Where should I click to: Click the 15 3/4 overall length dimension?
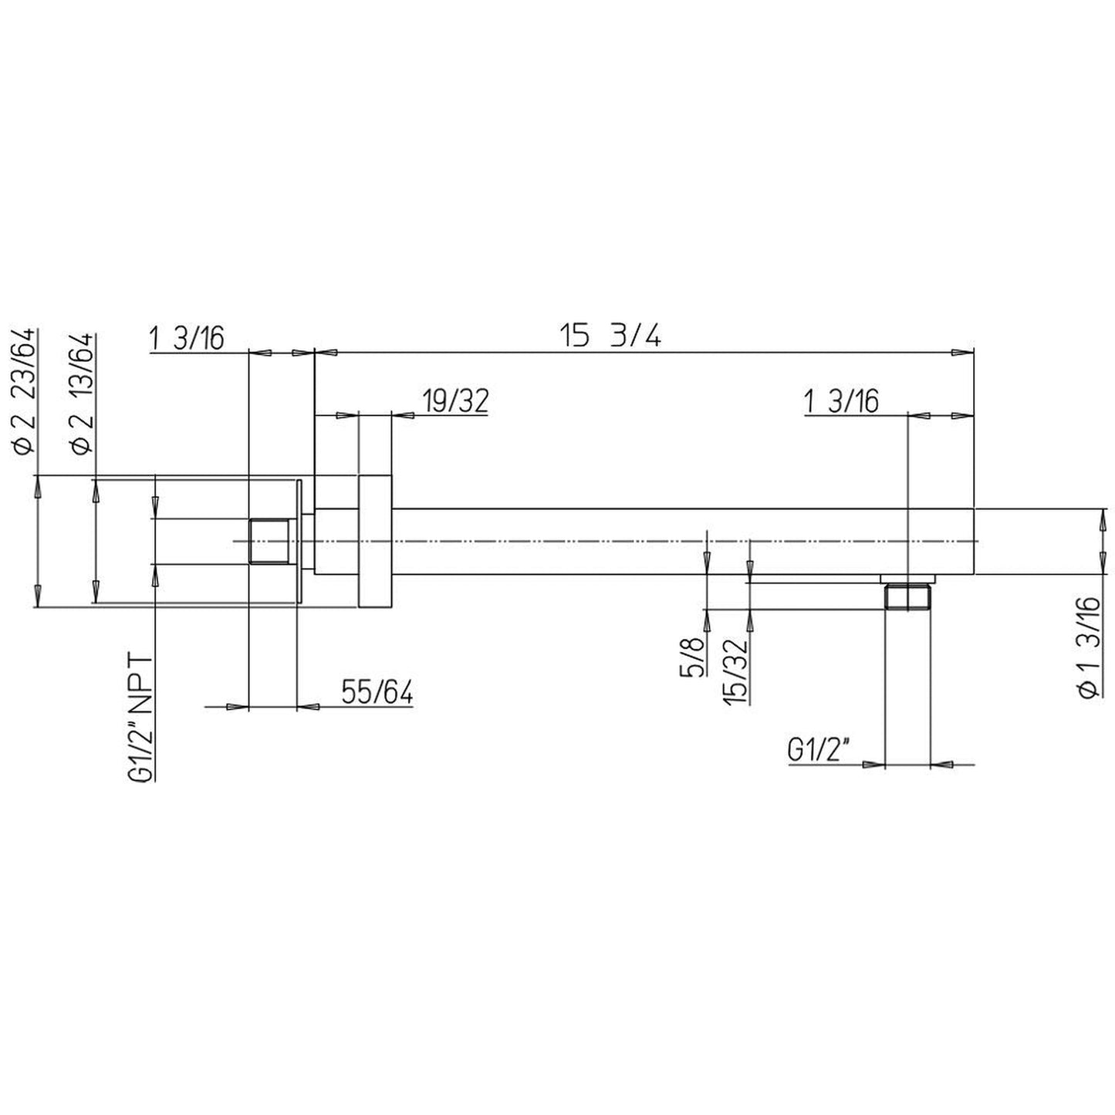[x=610, y=337]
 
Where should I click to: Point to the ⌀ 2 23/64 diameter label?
[x=24, y=391]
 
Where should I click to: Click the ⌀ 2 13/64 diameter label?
[x=82, y=392]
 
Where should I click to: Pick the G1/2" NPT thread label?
[x=141, y=718]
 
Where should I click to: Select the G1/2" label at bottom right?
[x=819, y=750]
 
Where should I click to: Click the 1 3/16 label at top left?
[x=186, y=337]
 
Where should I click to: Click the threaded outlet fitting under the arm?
[x=908, y=596]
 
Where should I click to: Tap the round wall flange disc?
[x=375, y=542]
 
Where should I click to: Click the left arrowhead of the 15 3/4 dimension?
[x=326, y=353]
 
